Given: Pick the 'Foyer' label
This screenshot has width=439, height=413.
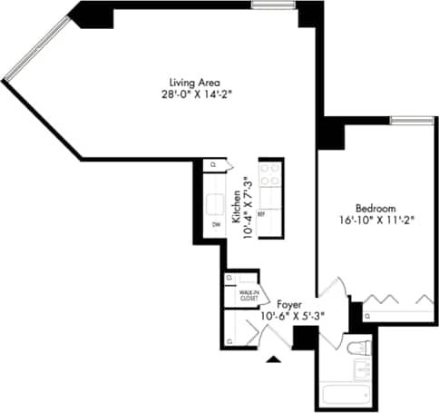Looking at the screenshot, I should (x=289, y=304).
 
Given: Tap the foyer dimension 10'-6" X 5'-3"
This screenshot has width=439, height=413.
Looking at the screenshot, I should (x=292, y=316).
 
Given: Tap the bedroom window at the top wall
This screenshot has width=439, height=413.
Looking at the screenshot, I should (x=412, y=121).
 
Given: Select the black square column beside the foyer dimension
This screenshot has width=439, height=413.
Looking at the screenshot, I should (x=306, y=337).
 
